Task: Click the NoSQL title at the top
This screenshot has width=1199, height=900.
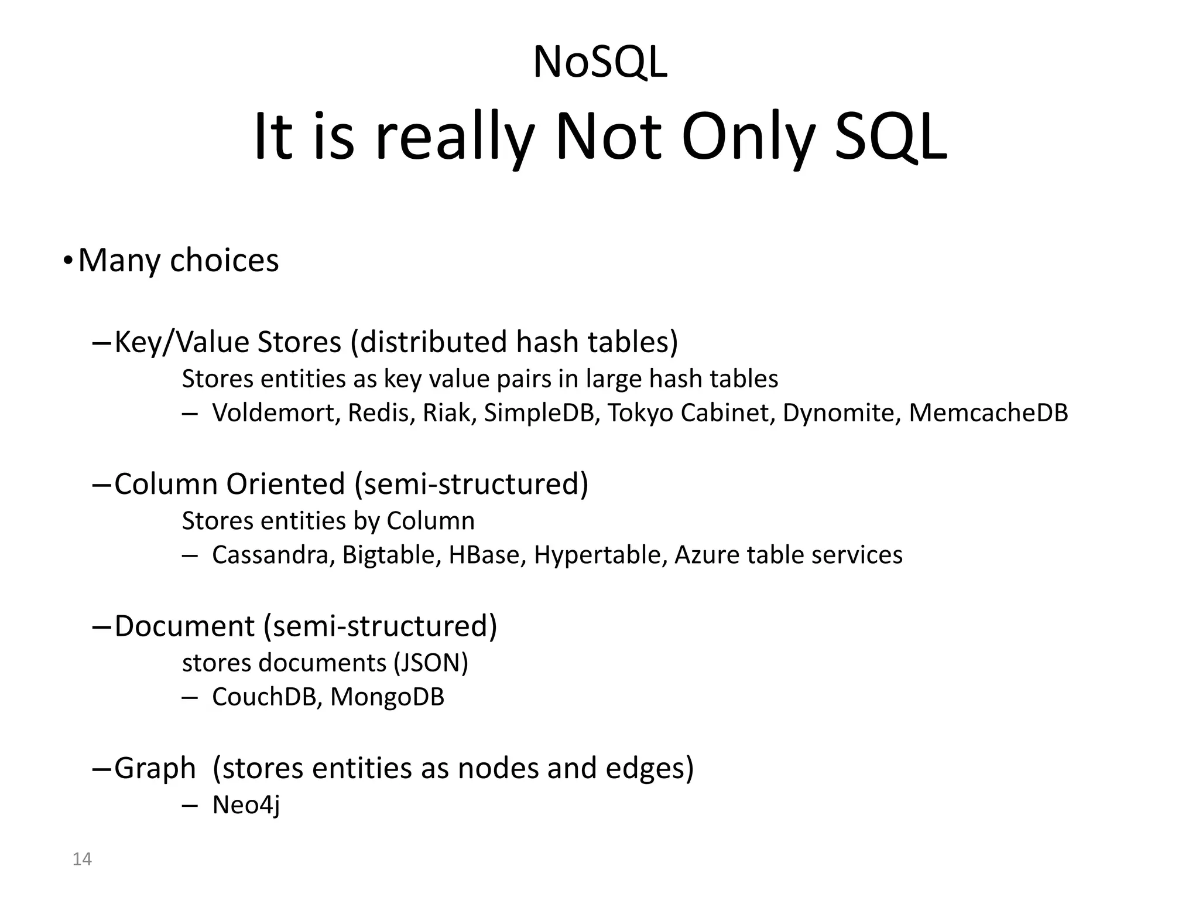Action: (599, 62)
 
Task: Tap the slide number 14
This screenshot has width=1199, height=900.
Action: (82, 859)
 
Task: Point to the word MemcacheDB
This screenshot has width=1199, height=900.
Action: (988, 412)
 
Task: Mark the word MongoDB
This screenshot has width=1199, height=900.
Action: (387, 698)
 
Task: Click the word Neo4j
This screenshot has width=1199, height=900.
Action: (246, 805)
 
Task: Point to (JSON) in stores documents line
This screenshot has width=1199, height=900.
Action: (431, 663)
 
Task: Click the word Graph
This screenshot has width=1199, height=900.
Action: (155, 769)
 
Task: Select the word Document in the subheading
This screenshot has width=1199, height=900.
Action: (184, 626)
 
